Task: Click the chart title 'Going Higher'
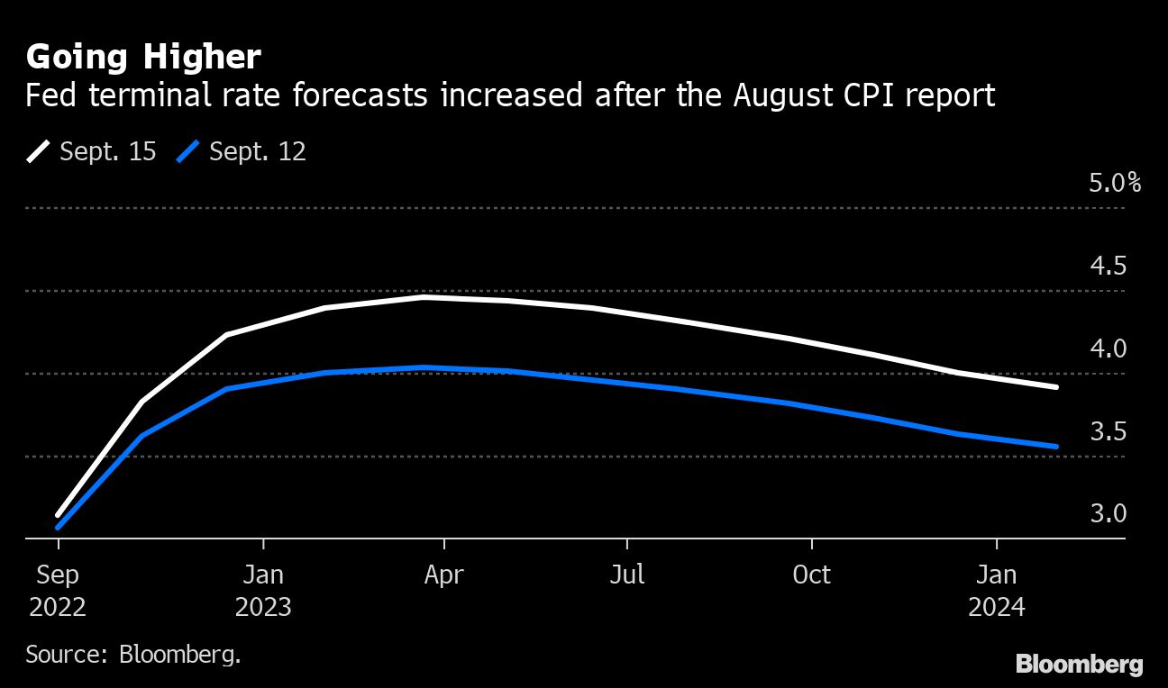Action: [x=143, y=58]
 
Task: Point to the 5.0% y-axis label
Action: [x=1115, y=184]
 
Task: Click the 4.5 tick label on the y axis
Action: [x=1109, y=267]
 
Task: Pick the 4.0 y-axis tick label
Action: [x=1109, y=349]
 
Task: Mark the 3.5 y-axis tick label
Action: [x=1109, y=431]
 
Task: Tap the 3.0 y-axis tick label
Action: [x=1109, y=514]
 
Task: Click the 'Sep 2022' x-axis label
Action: [x=58, y=591]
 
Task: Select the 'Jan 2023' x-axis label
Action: [x=263, y=591]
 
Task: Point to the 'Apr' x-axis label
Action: [x=443, y=575]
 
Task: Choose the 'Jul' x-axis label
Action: [x=626, y=575]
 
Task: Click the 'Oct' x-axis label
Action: [x=811, y=575]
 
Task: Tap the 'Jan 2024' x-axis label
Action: [x=997, y=591]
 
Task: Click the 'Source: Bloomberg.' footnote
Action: [x=133, y=654]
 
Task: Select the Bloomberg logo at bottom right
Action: [x=1079, y=665]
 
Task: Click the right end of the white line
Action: [x=1056, y=387]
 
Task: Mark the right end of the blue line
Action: [x=1056, y=447]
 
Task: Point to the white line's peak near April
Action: [x=424, y=296]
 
